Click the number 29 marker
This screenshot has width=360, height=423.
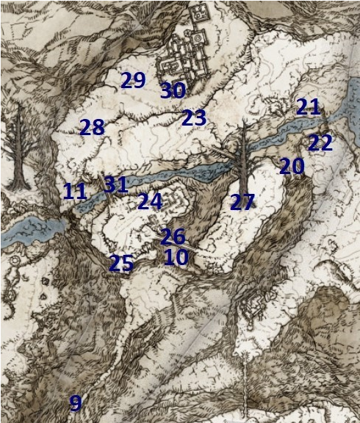133,80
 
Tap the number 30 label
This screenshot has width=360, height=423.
173,91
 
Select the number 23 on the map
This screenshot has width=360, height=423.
194,117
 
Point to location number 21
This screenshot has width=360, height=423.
309,107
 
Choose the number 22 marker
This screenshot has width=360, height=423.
320,142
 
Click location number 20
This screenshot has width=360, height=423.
292,167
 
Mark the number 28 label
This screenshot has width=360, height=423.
92,128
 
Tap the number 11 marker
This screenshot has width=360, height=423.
75,192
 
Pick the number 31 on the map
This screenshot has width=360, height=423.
116,184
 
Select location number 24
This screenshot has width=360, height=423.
149,200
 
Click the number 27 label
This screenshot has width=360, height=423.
242,203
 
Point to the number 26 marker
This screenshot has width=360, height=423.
173,236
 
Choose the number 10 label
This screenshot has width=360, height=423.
176,257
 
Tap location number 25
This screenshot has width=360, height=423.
121,263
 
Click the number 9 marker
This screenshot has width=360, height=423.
75,402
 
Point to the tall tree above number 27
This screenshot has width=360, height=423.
242,154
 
